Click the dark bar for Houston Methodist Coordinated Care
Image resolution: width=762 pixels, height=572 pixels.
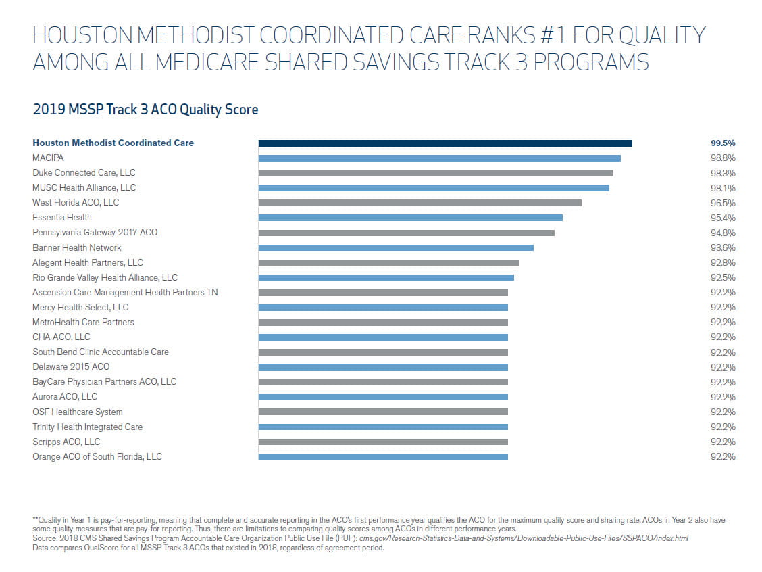[445, 143]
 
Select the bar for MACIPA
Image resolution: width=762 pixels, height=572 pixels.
[439, 158]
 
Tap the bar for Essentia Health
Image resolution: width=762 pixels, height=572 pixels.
[410, 218]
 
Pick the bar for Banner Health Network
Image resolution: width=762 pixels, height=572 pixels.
[396, 247]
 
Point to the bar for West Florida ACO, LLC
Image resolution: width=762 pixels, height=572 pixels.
[420, 203]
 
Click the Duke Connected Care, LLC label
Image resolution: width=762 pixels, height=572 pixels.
[84, 173]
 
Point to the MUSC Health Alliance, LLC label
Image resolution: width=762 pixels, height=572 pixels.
[84, 188]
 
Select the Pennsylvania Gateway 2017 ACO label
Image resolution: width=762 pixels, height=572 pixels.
[95, 233]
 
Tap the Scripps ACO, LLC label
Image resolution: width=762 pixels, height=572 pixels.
[66, 442]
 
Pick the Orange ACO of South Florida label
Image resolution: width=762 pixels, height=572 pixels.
[97, 457]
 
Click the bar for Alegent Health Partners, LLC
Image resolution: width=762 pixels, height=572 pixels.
[388, 262]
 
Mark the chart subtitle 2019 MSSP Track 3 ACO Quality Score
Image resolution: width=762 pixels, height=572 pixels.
[145, 110]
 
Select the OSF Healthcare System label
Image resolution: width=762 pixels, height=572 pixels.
[78, 412]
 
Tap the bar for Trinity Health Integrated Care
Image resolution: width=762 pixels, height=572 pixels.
[383, 427]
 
